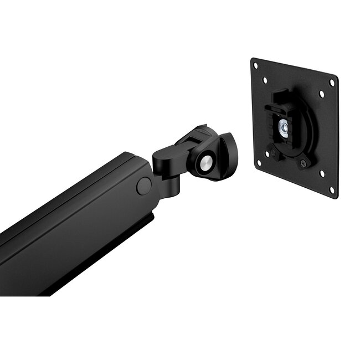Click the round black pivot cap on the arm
[x=144, y=186]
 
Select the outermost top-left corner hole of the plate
[x=255, y=65]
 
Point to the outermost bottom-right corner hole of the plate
[x=332, y=189]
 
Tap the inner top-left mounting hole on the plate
[x=265, y=81]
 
